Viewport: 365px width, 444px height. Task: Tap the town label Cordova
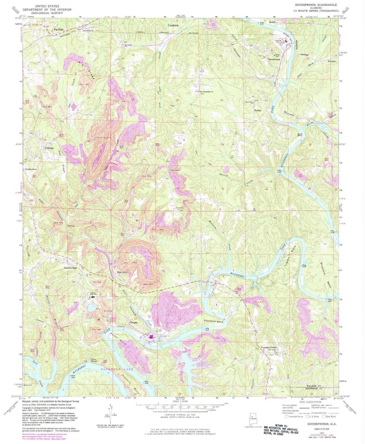pos(173,26)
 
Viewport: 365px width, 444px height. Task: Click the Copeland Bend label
pos(213,321)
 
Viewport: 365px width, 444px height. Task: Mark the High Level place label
pos(122,272)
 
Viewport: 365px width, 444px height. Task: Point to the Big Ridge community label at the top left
pos(59,29)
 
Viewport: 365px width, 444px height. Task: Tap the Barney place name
pos(257,110)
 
